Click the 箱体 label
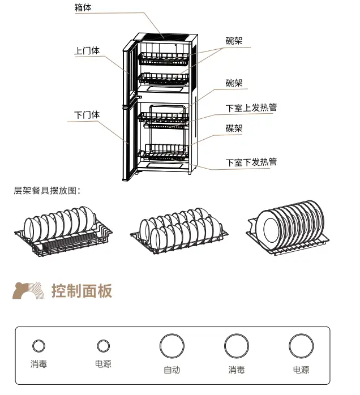(x=83, y=8)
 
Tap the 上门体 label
(x=87, y=50)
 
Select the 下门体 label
(x=87, y=115)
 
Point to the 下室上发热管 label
(x=251, y=108)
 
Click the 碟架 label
(x=234, y=129)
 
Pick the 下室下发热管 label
(x=251, y=162)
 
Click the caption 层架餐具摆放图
(x=47, y=191)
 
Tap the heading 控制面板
(x=82, y=291)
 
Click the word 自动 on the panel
(x=172, y=370)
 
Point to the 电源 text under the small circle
(x=103, y=364)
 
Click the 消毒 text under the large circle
(x=237, y=370)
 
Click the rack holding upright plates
(x=288, y=227)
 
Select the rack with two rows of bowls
(x=179, y=229)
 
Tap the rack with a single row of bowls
(x=62, y=229)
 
